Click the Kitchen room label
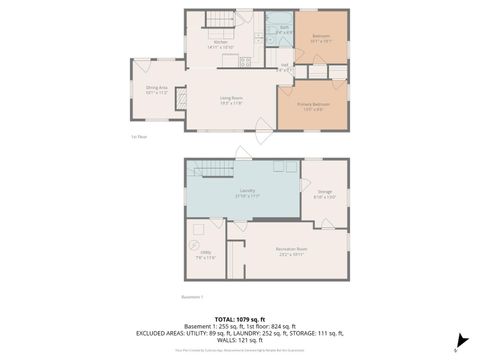[x=233, y=42]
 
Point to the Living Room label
[x=233, y=97]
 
